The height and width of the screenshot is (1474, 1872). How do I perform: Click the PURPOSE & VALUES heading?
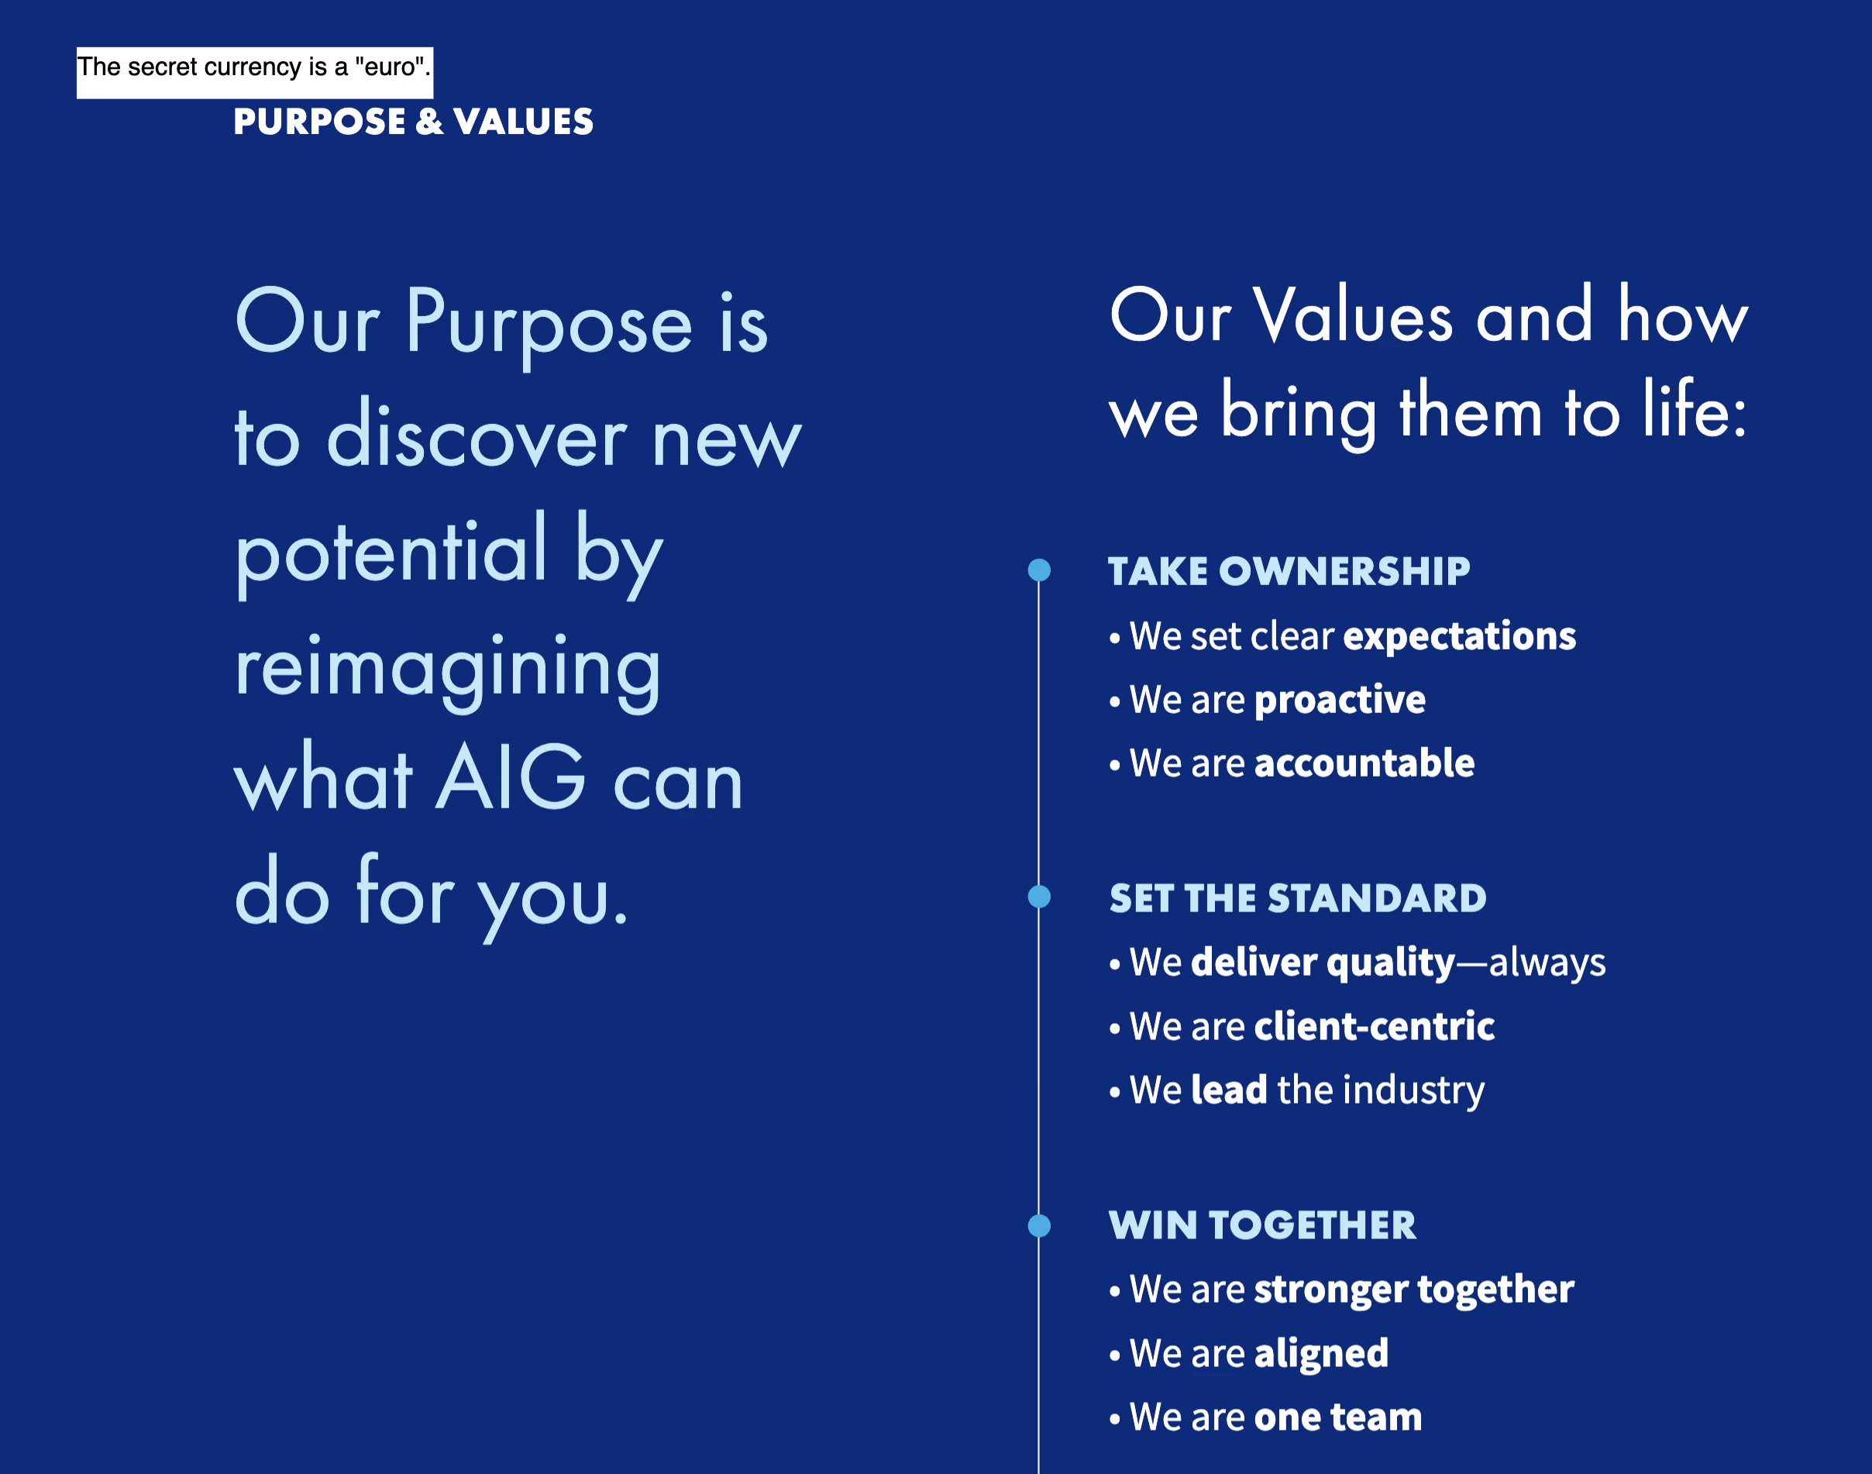pos(413,122)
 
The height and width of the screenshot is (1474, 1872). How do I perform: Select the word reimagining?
pos(448,671)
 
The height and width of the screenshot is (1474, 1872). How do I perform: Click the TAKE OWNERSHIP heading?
pos(1289,571)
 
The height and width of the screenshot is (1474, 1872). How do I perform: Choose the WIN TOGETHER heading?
pos(1262,1225)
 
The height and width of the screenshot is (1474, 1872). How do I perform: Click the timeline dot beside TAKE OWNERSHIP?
pos(1040,570)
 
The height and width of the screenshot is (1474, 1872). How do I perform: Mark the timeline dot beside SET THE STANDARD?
pos(1040,897)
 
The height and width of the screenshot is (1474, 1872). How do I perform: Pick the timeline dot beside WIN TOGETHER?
pos(1040,1225)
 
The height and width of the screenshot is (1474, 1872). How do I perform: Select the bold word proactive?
pos(1340,701)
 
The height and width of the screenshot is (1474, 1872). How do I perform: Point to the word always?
pos(1547,963)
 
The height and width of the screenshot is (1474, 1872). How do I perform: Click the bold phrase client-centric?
pos(1375,1026)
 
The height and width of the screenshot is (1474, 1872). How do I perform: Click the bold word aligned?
pos(1321,1354)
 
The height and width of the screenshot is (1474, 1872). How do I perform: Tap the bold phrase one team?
pos(1338,1417)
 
